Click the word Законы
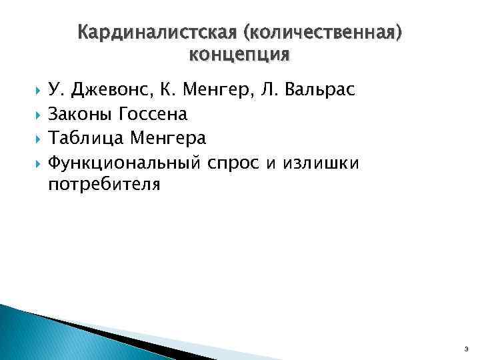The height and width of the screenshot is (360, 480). (x=81, y=114)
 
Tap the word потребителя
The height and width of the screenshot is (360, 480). (x=104, y=184)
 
